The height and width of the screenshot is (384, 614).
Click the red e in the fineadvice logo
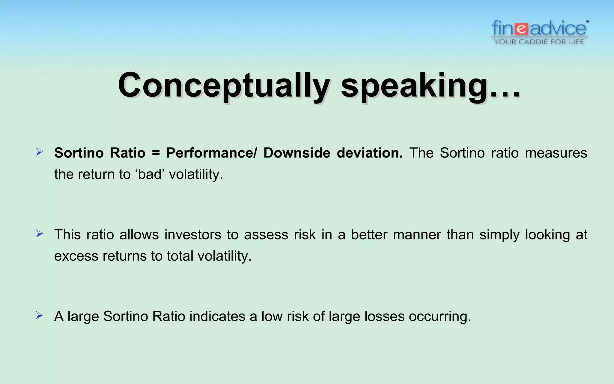click(522, 29)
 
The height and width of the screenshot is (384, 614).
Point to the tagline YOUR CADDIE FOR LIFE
click(539, 42)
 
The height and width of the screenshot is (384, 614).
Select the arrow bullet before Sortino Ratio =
click(39, 152)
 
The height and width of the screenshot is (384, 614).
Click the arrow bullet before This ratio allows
click(39, 233)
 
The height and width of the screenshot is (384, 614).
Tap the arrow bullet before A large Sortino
click(39, 315)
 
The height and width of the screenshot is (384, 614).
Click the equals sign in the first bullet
click(156, 153)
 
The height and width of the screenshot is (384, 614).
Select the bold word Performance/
click(212, 153)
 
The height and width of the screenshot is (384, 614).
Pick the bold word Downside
click(297, 153)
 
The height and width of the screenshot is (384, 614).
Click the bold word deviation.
click(370, 153)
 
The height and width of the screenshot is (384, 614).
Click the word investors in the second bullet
click(193, 235)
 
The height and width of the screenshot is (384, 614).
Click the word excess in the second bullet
click(76, 256)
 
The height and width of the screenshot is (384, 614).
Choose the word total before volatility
click(180, 256)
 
